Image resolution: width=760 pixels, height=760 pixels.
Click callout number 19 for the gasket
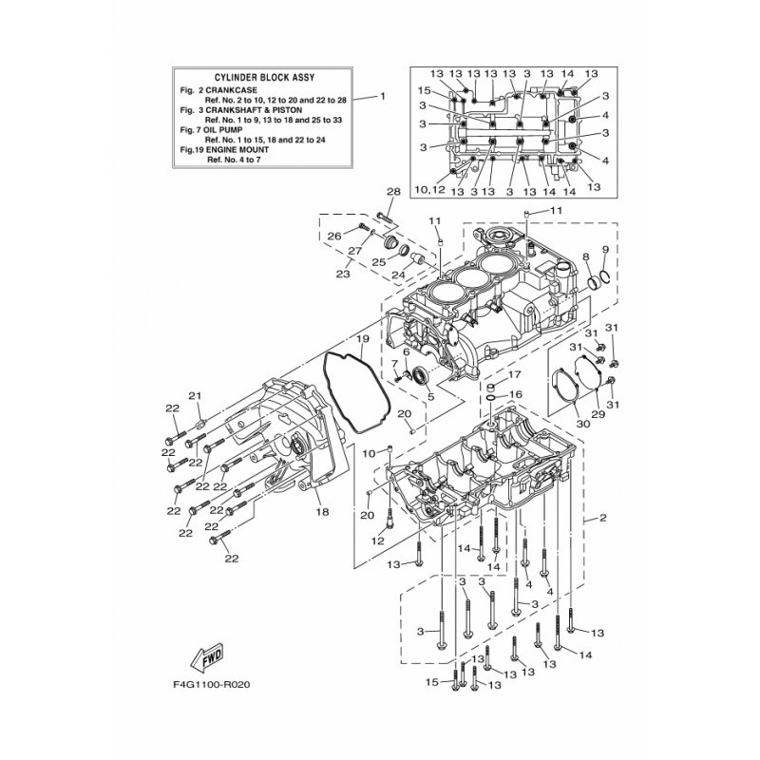(363, 338)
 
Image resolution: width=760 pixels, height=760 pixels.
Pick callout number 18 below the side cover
(322, 511)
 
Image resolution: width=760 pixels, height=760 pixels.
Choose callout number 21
(195, 396)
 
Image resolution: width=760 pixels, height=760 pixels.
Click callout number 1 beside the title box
(383, 96)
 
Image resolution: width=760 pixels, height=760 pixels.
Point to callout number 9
(605, 250)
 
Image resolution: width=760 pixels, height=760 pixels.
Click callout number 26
(334, 237)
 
